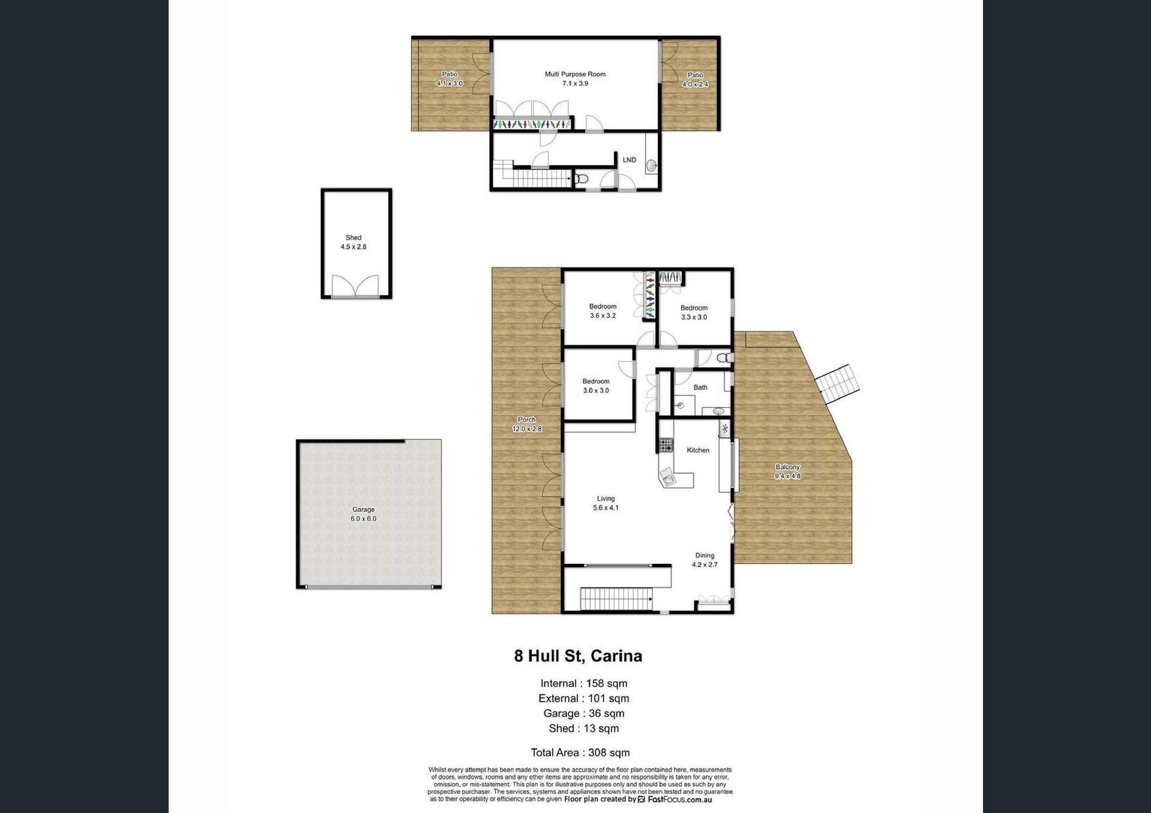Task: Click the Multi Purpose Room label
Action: (x=575, y=78)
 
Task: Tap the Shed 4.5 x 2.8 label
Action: (x=354, y=242)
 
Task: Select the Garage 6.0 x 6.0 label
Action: (x=363, y=514)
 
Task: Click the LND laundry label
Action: (x=629, y=160)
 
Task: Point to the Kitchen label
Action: (x=698, y=450)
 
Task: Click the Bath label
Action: (x=700, y=387)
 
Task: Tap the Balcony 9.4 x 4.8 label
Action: (x=788, y=472)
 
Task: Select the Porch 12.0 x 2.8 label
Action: (x=527, y=424)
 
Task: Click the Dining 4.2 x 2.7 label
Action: (x=705, y=560)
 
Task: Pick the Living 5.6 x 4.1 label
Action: (x=605, y=503)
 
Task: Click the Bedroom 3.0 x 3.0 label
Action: (x=596, y=386)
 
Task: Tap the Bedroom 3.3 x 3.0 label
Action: (x=694, y=312)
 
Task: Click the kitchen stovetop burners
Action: (x=666, y=445)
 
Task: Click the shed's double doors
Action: (x=355, y=286)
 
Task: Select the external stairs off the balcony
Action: (x=837, y=383)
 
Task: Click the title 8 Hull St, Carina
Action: (x=578, y=656)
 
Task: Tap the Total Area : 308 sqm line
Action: (x=580, y=752)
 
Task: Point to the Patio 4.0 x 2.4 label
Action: (x=695, y=80)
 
